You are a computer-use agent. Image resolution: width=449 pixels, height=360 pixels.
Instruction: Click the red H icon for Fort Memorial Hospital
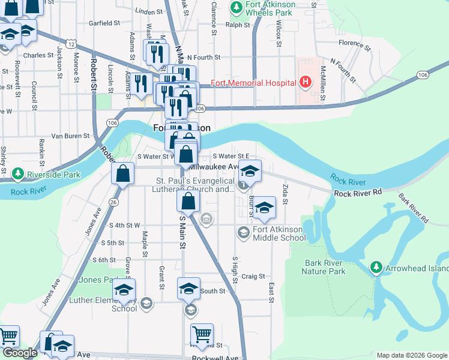pyautogui.click(x=306, y=82)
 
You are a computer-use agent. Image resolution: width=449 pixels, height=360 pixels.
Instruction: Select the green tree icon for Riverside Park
pyautogui.click(x=19, y=175)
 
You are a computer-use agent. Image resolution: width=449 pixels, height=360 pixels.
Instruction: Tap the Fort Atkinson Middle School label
pyautogui.click(x=279, y=233)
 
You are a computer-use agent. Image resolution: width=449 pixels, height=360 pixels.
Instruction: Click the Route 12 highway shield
pyautogui.click(x=71, y=44)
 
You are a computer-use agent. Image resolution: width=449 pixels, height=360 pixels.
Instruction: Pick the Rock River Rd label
pyautogui.click(x=358, y=193)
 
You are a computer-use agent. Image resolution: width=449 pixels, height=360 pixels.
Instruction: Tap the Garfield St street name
pyautogui.click(x=104, y=23)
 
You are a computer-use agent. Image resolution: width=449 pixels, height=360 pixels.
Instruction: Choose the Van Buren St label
pyautogui.click(x=70, y=136)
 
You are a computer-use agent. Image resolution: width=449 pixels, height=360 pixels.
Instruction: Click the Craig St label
pyautogui.click(x=253, y=276)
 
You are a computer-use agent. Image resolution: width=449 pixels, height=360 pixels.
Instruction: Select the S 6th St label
pyautogui.click(x=104, y=260)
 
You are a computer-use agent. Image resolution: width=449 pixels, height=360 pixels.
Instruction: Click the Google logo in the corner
pyautogui.click(x=20, y=353)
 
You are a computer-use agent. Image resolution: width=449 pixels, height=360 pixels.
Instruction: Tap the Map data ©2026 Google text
pyautogui.click(x=411, y=355)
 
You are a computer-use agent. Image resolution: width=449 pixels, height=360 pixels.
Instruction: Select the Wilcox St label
pyautogui.click(x=279, y=34)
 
